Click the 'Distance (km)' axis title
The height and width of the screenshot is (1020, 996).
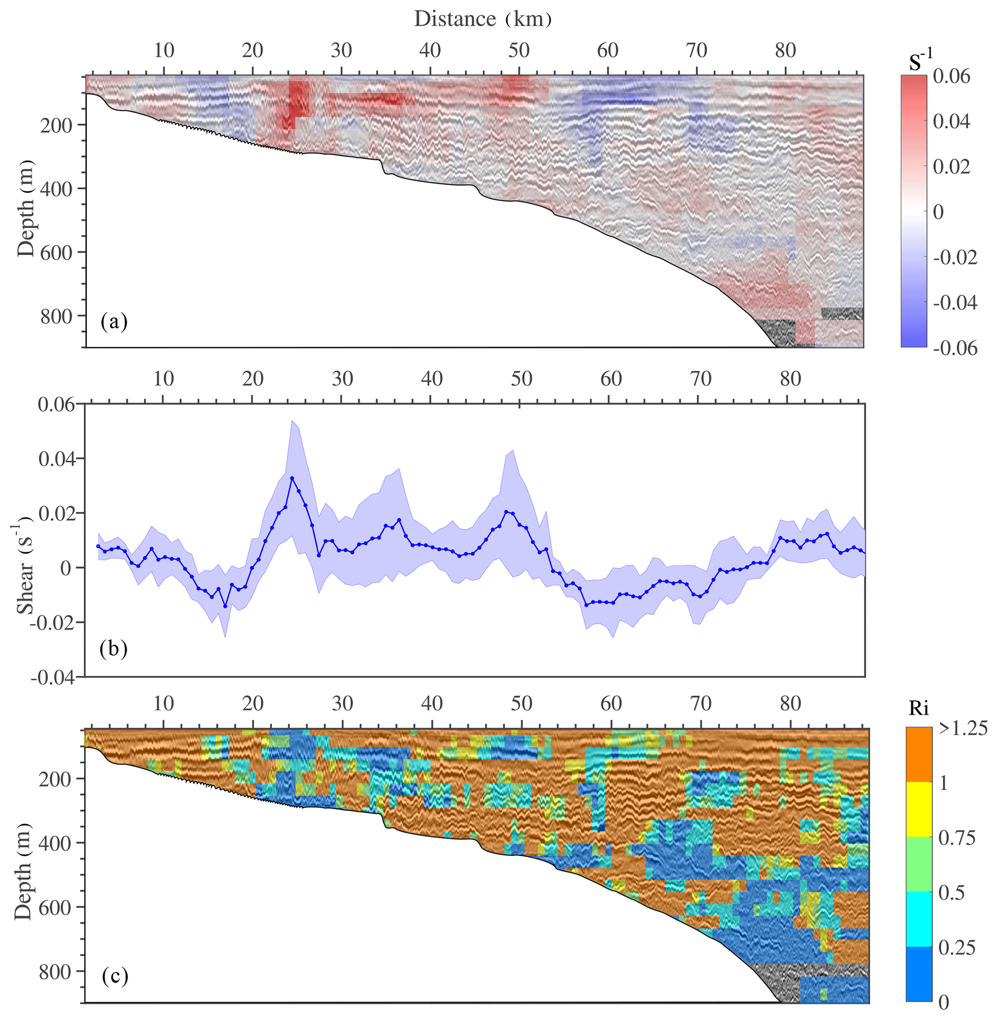(x=482, y=19)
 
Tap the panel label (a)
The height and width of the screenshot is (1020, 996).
(x=114, y=321)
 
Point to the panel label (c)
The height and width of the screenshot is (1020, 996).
(x=114, y=977)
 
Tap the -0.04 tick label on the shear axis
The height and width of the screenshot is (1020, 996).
(x=53, y=677)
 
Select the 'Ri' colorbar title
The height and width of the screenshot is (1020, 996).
(x=918, y=708)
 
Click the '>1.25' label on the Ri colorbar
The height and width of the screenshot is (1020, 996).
(x=963, y=728)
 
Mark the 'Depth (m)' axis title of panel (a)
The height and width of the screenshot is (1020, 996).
(x=25, y=208)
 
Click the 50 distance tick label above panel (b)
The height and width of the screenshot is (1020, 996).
(x=521, y=378)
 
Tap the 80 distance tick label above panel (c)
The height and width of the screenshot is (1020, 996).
(x=790, y=703)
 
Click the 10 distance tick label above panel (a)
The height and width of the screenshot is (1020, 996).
(x=164, y=50)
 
